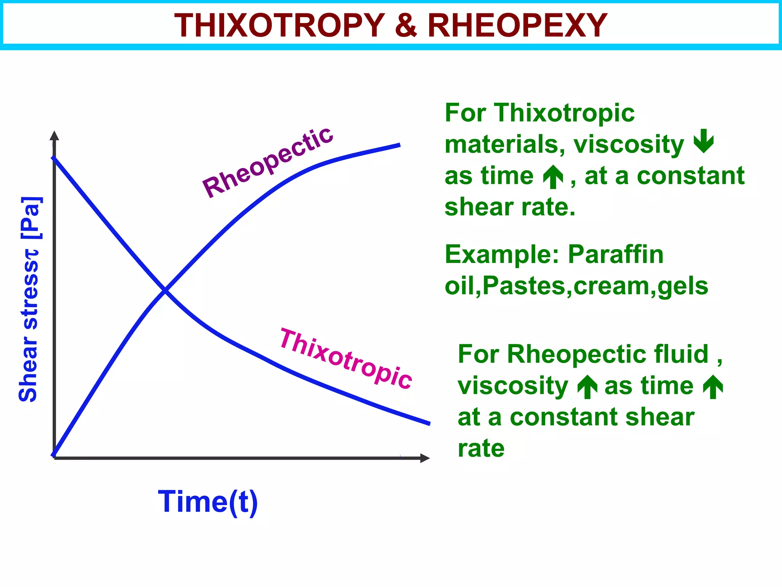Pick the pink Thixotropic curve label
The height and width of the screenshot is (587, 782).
pos(346,359)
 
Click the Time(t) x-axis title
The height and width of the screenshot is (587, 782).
pos(208,502)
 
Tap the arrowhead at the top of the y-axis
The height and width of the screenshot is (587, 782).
pos(54,136)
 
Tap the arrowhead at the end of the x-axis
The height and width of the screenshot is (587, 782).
pos(425,458)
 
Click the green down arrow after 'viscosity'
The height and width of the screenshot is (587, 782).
pos(703,141)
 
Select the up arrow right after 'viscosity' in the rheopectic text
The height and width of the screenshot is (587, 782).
pos(587,387)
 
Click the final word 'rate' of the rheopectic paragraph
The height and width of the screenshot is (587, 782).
pos(481,448)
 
